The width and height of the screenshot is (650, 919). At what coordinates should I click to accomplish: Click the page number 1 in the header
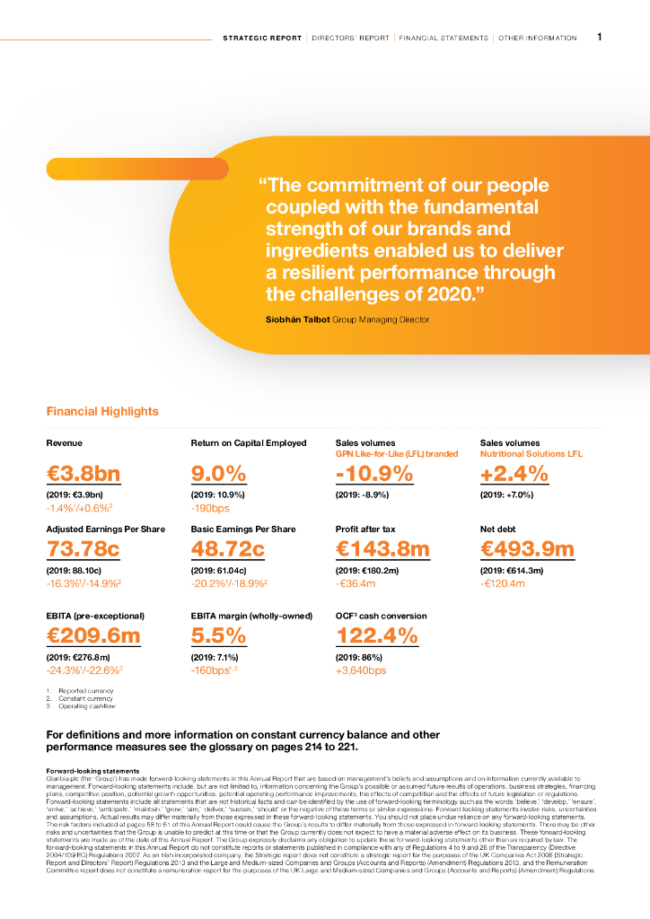600,38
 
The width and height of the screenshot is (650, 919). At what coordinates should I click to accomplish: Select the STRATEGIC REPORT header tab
262,39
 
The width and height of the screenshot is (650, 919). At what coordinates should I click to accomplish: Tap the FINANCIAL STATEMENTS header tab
444,39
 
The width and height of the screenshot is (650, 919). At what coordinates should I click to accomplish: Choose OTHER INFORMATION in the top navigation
538,39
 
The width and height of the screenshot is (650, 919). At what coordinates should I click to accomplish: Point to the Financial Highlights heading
102,412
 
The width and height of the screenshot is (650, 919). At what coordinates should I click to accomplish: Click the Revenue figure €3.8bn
83,474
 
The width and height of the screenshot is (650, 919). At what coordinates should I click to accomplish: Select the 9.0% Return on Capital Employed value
218,474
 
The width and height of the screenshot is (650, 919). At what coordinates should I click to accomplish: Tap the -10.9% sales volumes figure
373,474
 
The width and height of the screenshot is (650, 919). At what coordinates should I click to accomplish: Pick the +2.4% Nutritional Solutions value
514,474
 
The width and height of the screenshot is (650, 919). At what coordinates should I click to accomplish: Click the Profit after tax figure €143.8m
382,548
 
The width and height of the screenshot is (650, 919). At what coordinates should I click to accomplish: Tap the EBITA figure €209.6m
93,635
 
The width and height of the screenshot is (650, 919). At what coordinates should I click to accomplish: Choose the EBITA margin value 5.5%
218,635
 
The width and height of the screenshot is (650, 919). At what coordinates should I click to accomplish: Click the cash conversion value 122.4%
377,635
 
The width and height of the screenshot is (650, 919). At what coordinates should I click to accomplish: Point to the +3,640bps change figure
361,670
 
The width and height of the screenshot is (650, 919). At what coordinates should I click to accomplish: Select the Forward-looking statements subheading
92,771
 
